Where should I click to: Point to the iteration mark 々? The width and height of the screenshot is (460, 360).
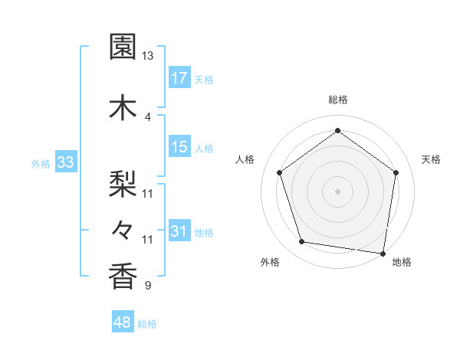click(x=123, y=228)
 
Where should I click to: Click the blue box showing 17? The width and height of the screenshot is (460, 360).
click(x=179, y=78)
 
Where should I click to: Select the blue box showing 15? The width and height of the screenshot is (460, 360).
click(x=179, y=147)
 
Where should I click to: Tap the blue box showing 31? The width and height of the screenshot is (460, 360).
click(x=179, y=231)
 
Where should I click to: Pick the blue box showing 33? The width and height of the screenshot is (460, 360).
click(x=65, y=162)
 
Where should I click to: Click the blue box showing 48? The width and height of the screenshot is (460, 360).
click(x=123, y=322)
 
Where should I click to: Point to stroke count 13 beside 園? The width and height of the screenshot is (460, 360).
click(x=147, y=56)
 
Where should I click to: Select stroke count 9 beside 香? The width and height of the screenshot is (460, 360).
click(x=147, y=286)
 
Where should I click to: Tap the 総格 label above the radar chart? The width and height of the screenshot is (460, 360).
click(x=337, y=100)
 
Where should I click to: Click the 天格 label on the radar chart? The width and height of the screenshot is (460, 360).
click(x=431, y=159)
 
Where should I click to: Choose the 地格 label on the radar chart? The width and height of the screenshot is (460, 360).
click(x=402, y=262)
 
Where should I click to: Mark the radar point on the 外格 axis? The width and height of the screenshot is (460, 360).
click(x=302, y=242)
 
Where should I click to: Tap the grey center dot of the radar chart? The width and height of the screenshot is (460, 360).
click(x=337, y=191)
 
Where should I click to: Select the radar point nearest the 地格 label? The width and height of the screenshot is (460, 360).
click(x=383, y=253)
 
